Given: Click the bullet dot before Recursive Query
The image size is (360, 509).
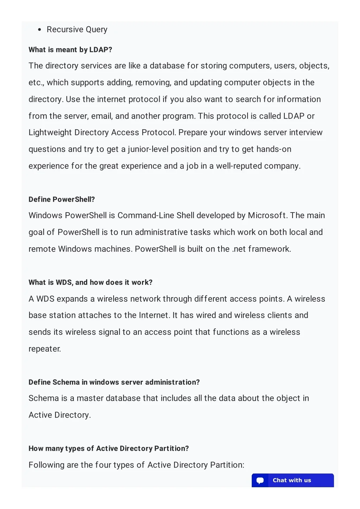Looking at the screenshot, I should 40,30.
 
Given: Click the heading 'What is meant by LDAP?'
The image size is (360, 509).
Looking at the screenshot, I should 70,50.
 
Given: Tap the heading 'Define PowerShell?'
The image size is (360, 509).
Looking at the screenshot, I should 62,200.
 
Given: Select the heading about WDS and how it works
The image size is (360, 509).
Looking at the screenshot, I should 90,282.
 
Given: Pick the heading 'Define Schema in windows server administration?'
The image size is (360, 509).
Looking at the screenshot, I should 114,382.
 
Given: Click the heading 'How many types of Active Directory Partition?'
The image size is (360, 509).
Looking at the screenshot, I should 109,449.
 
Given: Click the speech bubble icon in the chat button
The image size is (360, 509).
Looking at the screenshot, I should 260,481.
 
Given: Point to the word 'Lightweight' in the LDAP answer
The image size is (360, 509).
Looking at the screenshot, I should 50,133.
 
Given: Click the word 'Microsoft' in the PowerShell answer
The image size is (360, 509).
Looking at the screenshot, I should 267,216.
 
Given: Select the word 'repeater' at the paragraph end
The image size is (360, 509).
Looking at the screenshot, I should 44,349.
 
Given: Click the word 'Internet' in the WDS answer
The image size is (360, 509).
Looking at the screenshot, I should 154,315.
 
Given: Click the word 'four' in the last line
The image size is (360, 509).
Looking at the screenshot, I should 103,465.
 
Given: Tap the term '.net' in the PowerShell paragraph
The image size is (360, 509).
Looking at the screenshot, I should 239,249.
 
